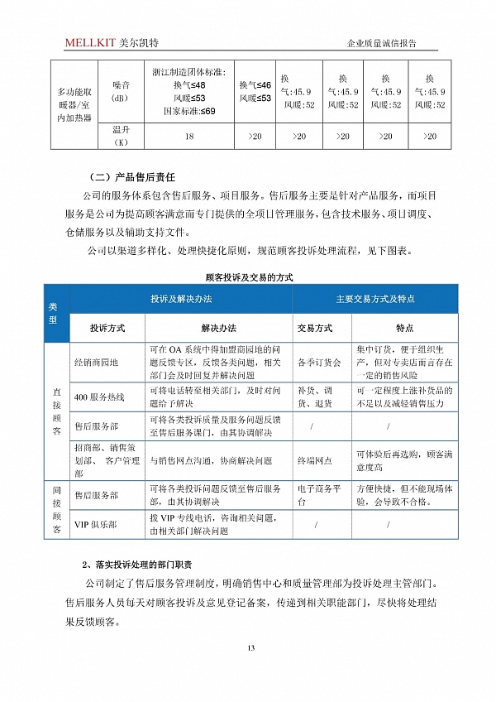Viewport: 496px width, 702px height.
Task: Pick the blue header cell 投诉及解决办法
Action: pos(181,298)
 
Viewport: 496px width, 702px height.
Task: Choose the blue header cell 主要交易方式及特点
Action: pos(374,298)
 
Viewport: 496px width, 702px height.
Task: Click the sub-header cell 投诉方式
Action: pos(107,327)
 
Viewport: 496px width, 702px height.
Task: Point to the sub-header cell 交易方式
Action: pos(314,327)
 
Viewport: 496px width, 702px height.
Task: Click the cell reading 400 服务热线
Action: pos(99,397)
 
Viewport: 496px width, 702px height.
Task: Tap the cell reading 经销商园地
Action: pos(97,362)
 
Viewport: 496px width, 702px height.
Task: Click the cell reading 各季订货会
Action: pos(314,362)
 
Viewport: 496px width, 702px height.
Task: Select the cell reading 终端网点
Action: pos(314,460)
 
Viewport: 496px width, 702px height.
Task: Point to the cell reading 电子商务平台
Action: pos(314,495)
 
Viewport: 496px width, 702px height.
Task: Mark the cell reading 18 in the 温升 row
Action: pos(190,136)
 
